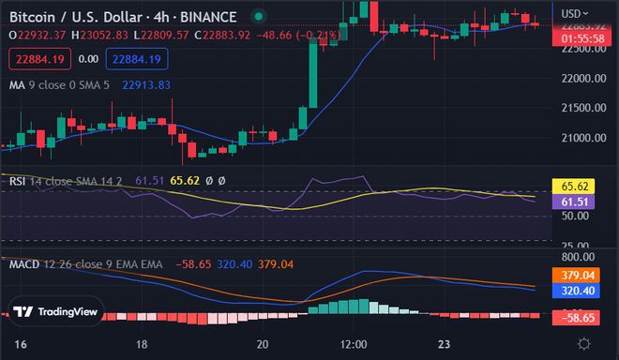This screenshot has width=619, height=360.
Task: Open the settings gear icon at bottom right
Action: coord(585,344)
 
